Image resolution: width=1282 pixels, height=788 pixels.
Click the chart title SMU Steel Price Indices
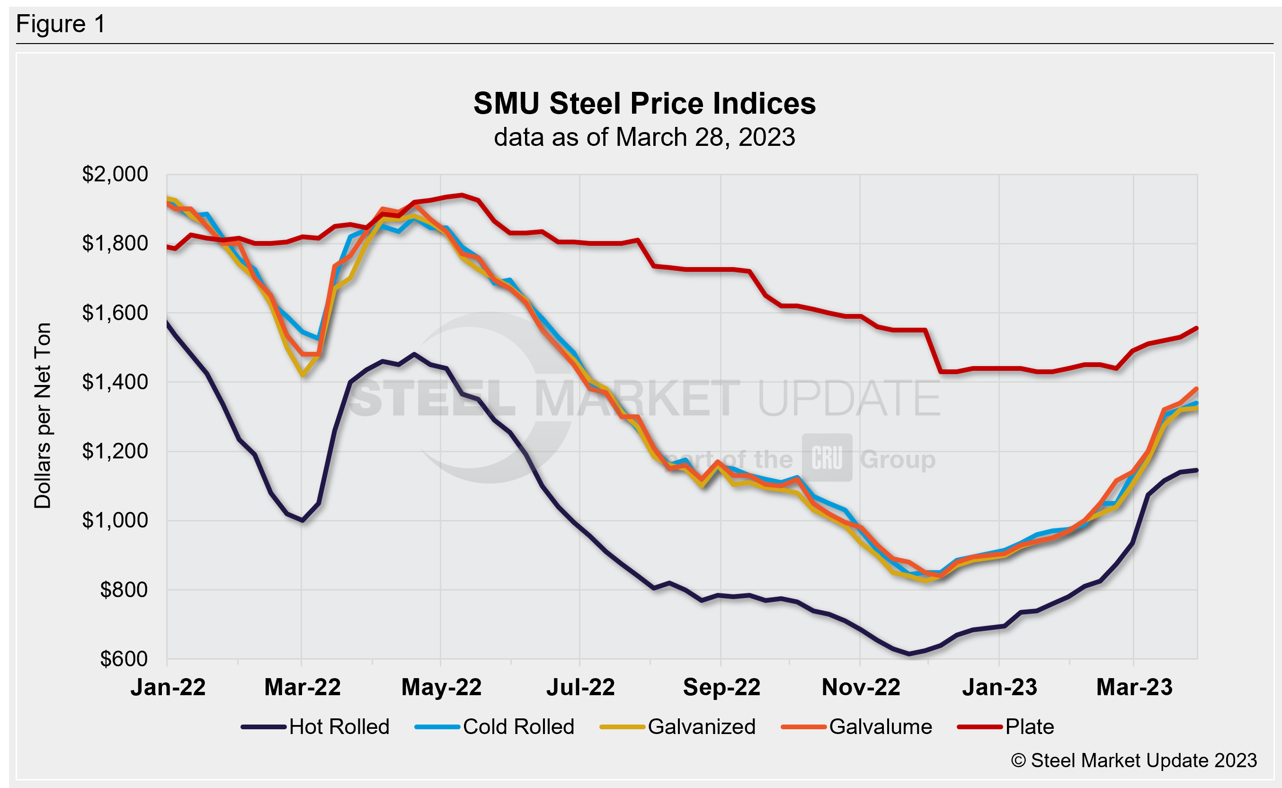tap(644, 103)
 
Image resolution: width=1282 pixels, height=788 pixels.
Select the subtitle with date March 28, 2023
tap(644, 137)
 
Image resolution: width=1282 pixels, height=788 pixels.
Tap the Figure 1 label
tap(61, 24)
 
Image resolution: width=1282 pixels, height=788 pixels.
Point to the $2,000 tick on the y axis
tap(115, 174)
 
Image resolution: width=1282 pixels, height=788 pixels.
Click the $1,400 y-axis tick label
tap(115, 382)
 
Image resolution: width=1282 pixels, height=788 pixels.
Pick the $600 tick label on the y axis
tap(124, 659)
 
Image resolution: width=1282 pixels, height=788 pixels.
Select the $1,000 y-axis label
tap(115, 520)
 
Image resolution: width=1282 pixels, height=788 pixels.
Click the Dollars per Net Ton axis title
tap(43, 415)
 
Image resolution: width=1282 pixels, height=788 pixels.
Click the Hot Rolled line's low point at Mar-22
tap(303, 520)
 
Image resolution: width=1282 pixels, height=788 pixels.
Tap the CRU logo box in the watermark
tap(827, 457)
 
